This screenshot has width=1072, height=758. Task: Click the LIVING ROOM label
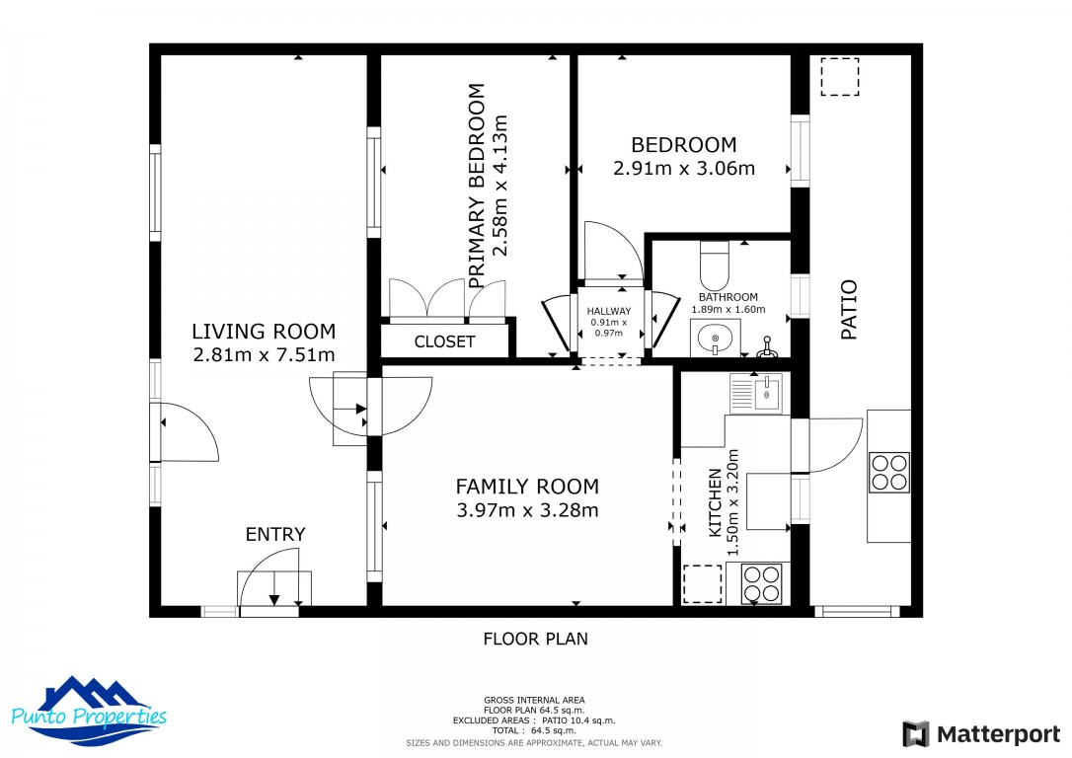[x=264, y=332]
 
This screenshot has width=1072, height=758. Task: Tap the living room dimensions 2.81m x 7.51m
[x=264, y=355]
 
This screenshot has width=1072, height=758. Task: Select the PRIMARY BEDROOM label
[x=477, y=186]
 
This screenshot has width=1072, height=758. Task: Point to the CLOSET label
[x=444, y=341]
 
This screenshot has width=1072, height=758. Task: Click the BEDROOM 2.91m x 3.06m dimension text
[x=684, y=168]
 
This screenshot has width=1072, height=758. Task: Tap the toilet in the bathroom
[x=715, y=265]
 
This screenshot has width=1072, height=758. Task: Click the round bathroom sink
[x=715, y=339]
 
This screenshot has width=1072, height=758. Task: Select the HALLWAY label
[x=608, y=312]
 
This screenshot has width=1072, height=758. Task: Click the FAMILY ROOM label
[x=527, y=487]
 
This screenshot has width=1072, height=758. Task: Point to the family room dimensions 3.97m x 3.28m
[x=527, y=510]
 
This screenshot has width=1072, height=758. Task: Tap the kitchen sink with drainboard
[x=755, y=393]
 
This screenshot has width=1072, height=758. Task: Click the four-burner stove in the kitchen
[x=762, y=583]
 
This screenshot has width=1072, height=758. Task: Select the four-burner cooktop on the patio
[x=889, y=473]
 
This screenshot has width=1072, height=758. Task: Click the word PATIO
[x=849, y=310]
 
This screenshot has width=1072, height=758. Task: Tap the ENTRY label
[x=275, y=535]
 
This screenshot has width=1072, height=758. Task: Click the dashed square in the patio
[x=840, y=77]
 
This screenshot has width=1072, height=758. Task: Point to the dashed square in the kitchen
[x=703, y=583]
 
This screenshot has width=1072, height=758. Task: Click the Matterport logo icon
[x=915, y=734]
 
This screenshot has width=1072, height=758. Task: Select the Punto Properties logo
[x=89, y=711]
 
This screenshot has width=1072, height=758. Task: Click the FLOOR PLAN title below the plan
[x=535, y=640]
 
